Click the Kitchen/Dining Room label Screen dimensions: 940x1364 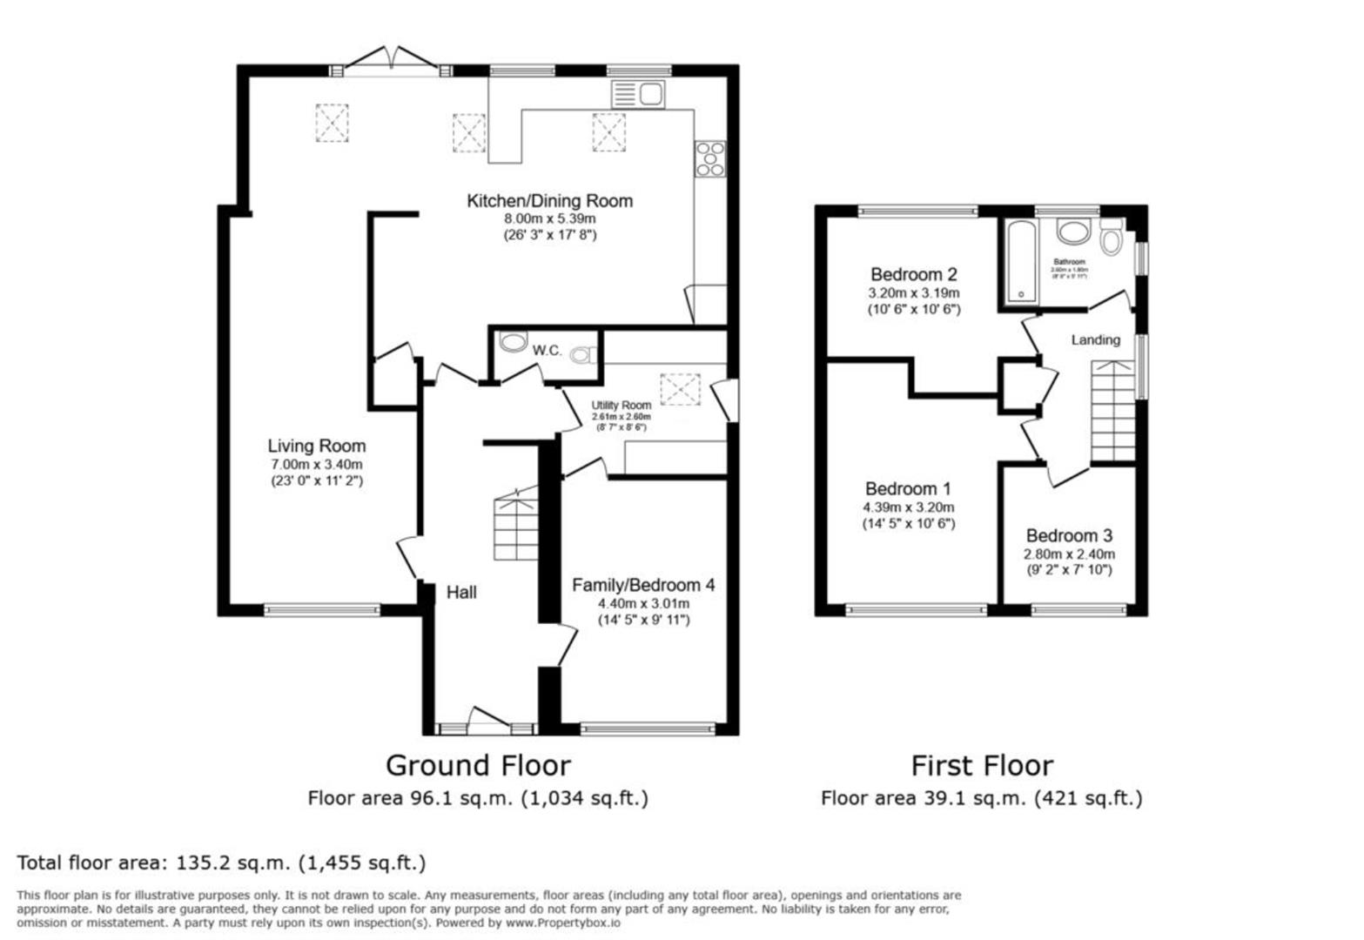549,201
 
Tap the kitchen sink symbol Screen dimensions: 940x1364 638,93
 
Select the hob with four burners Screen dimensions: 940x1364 710,158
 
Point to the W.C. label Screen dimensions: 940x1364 547,351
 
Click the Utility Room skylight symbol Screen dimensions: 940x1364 680,389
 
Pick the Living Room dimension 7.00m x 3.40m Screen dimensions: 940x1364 316,464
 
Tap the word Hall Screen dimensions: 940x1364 461,593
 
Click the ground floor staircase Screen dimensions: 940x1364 514,527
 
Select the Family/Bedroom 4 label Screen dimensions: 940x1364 643,585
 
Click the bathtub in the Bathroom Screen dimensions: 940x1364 1021,261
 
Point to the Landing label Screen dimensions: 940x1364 1095,339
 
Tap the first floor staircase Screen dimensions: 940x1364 1113,413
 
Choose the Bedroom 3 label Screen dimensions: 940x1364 1069,536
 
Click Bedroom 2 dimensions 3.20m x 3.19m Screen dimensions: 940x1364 913,293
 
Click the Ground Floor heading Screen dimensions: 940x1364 478,766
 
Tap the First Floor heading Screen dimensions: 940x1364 981,766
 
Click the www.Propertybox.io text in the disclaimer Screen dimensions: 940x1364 562,923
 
